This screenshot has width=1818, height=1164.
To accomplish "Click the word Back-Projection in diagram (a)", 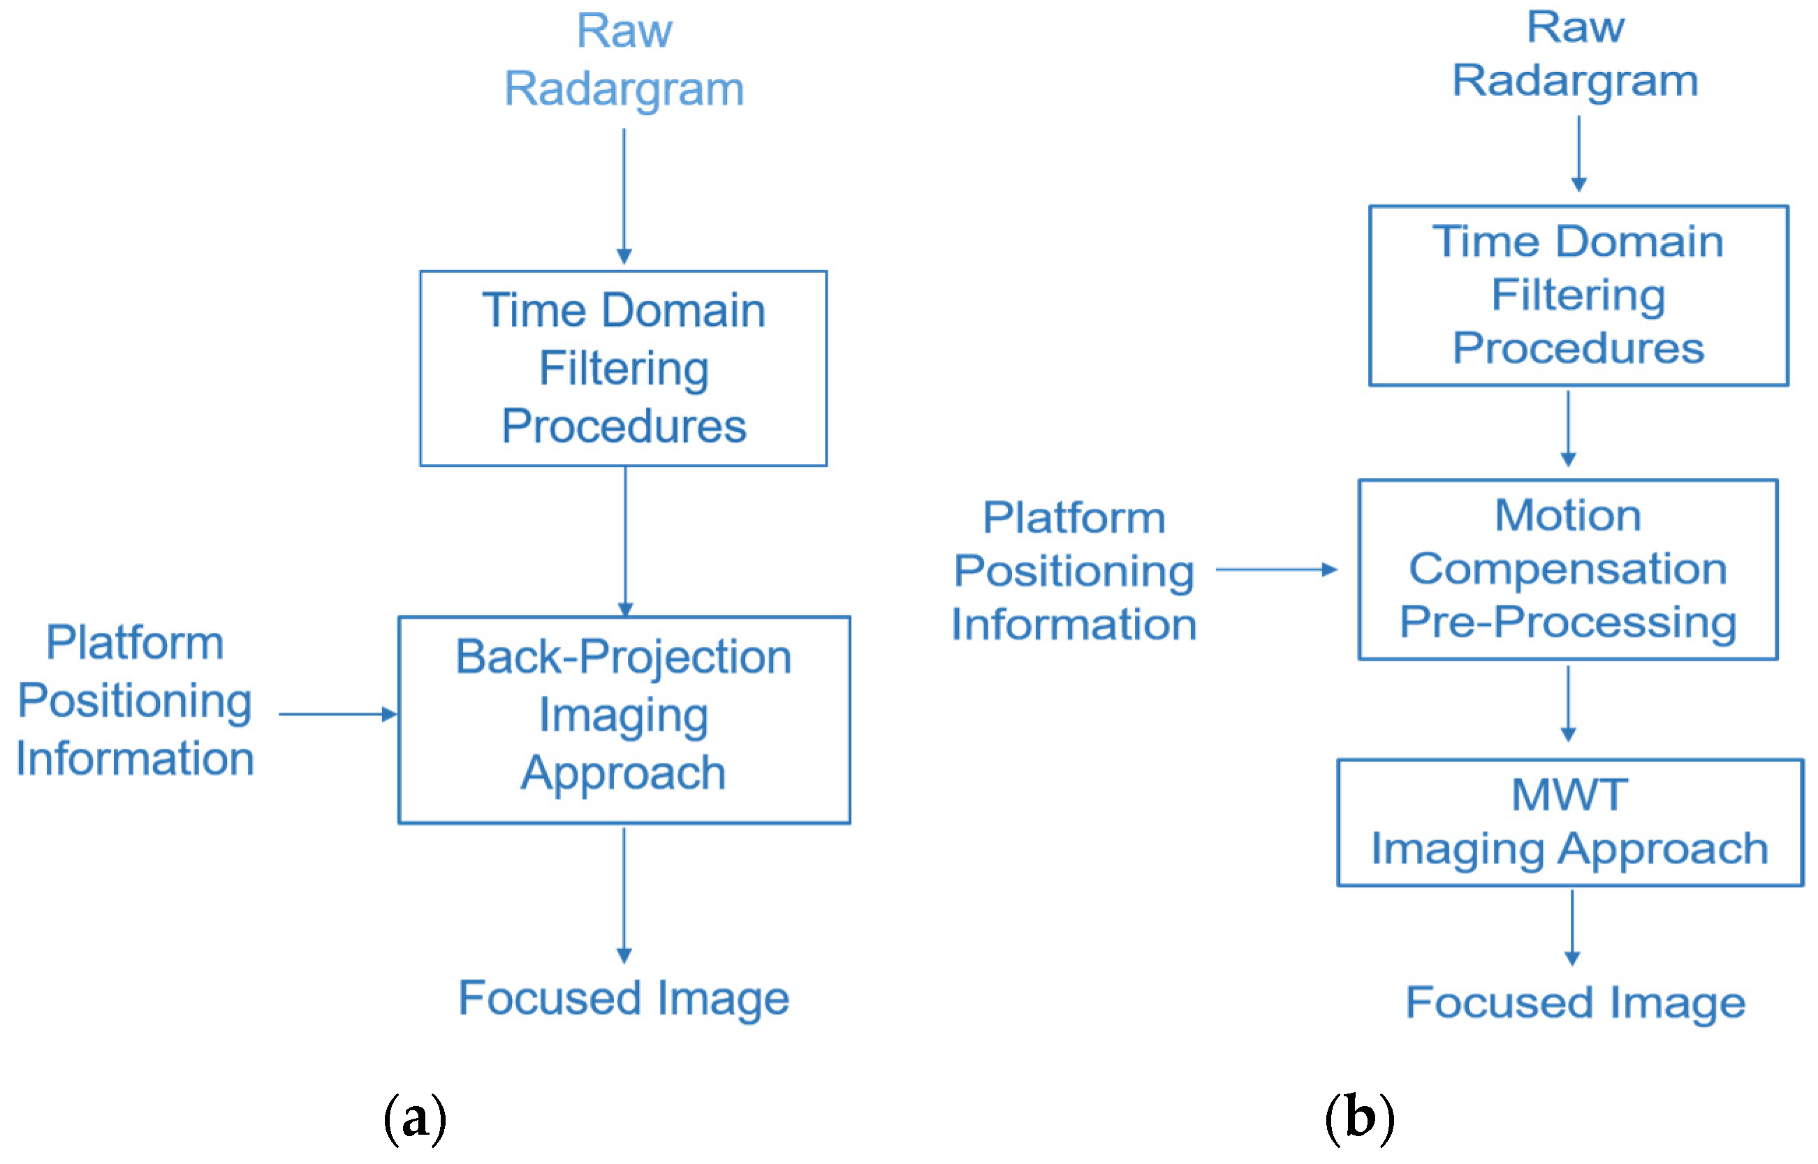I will pos(623,656).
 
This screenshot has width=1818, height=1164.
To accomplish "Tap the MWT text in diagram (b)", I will pos(1569,794).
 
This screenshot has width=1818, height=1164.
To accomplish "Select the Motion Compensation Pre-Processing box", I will pos(1568,569).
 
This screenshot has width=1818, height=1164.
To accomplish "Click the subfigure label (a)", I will pos(414,1118).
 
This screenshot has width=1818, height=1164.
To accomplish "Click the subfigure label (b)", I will pos(1360,1118).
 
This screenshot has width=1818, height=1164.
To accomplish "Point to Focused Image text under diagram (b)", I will pos(1575,1002).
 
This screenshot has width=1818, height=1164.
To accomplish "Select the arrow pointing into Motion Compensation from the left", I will pos(1277,569).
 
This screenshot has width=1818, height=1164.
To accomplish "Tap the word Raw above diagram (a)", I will pos(624,31).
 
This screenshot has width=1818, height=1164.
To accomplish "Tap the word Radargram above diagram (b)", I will pos(1575,81).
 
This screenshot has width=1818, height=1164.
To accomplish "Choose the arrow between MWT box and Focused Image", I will pos(1572,927).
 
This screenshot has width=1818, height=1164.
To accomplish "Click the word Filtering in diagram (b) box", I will pos(1578,294).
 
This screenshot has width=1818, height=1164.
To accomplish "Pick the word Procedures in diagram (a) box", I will pos(624,426).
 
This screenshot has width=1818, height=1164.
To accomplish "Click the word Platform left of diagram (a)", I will pos(135,643).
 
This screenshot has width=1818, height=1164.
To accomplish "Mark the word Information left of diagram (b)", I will pos(1074,625).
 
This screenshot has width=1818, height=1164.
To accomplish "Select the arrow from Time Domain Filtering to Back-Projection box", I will pos(624,540).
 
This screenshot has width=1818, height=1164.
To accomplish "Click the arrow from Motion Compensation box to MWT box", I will pos(1568,703).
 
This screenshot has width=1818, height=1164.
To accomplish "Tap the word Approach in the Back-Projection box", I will pos(623,773).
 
